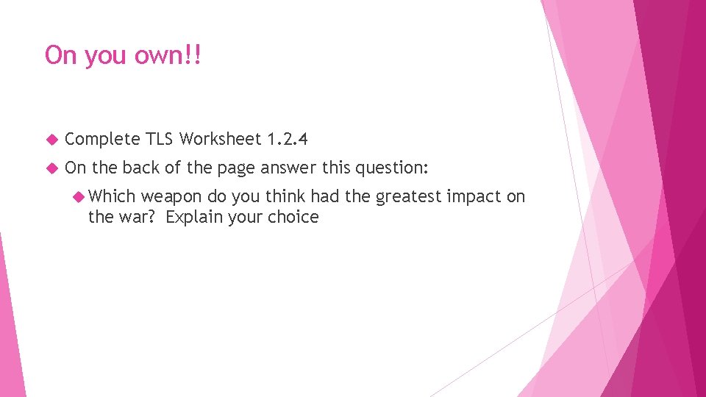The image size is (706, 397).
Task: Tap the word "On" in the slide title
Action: [x=60, y=56]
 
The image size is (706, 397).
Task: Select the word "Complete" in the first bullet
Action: [x=102, y=139]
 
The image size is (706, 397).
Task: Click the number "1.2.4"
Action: [x=288, y=138]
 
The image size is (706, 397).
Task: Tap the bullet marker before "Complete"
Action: [x=51, y=139]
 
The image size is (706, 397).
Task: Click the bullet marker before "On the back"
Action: [x=51, y=168]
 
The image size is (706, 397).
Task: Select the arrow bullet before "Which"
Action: [x=79, y=196]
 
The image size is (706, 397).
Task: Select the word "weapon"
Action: [x=171, y=197]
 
